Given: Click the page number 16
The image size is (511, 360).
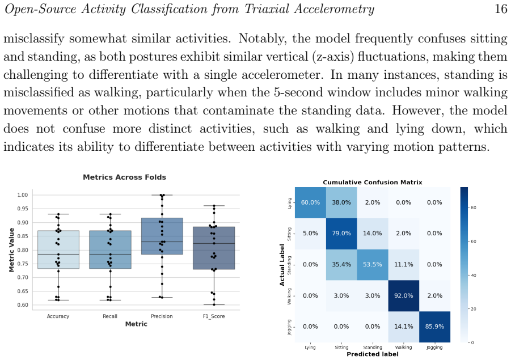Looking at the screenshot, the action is tap(501, 9).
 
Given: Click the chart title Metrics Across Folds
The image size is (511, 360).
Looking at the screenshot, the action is tap(125, 177).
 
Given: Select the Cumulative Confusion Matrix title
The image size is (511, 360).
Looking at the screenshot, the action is tap(373, 183).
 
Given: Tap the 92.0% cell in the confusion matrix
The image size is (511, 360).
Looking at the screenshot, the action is tap(403, 295).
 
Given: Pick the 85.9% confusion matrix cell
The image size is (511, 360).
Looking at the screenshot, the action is tap(434, 327).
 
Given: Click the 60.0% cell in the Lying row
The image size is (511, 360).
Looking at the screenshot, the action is tap(310, 202).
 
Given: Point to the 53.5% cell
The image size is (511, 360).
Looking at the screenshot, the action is tap(373, 264).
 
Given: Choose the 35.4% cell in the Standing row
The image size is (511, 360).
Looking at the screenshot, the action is tap(341, 264).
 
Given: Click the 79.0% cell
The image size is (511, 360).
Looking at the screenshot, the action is tap(341, 233).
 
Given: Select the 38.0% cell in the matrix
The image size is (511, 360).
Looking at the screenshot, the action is tap(341, 202).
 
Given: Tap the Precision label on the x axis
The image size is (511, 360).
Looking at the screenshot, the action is tap(162, 316).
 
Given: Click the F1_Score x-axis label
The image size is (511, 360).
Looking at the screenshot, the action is tap(213, 316).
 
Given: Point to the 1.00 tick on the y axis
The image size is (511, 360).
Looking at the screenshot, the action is tap(23, 195).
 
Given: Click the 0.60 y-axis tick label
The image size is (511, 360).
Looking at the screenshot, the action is tap(23, 305).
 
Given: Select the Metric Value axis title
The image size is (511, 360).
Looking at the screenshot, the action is tap(12, 250).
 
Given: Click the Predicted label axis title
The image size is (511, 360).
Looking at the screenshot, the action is tap(373, 354).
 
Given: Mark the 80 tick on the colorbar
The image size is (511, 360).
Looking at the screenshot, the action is tap(473, 207).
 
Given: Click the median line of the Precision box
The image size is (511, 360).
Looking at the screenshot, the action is tap(162, 242).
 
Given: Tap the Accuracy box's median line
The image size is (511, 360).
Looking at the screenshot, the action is tap(58, 254).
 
